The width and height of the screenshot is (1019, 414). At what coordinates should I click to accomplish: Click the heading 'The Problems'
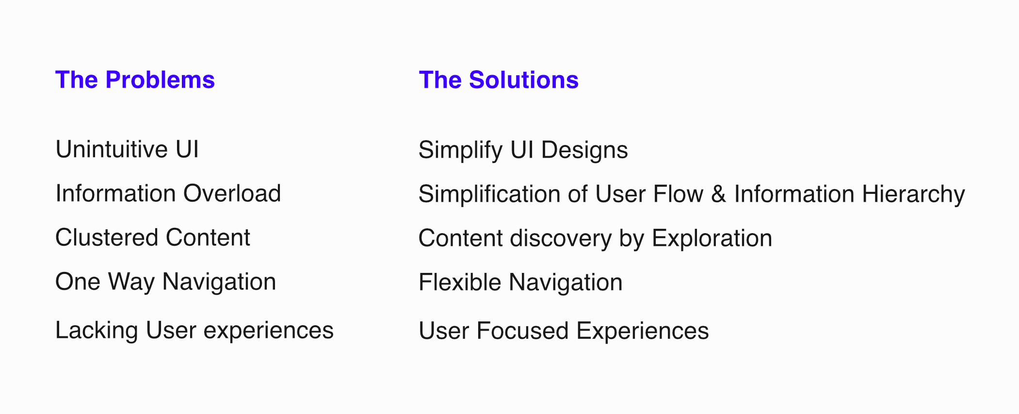pyautogui.click(x=135, y=80)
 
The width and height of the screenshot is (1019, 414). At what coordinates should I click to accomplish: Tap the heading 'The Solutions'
pyautogui.click(x=499, y=80)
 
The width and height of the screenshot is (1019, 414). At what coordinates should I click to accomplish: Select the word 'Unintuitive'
pyautogui.click(x=112, y=149)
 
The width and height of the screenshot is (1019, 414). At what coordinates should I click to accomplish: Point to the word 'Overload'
pyautogui.click(x=232, y=193)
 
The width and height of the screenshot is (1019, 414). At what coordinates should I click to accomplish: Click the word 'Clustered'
pyautogui.click(x=107, y=238)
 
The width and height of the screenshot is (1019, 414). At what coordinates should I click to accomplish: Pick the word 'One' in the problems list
pyautogui.click(x=78, y=282)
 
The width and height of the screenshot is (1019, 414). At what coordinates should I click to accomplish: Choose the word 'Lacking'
pyautogui.click(x=97, y=332)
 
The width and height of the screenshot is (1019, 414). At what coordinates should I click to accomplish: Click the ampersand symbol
pyautogui.click(x=718, y=194)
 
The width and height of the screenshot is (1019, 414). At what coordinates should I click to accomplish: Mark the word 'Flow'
pyautogui.click(x=678, y=194)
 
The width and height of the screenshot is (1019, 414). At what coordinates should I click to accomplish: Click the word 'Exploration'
pyautogui.click(x=712, y=239)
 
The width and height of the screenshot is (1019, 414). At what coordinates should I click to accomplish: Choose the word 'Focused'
pyautogui.click(x=523, y=331)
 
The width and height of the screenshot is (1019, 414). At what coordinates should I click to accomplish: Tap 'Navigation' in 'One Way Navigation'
pyautogui.click(x=219, y=283)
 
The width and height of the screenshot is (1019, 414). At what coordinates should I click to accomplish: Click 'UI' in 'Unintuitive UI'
pyautogui.click(x=187, y=149)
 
